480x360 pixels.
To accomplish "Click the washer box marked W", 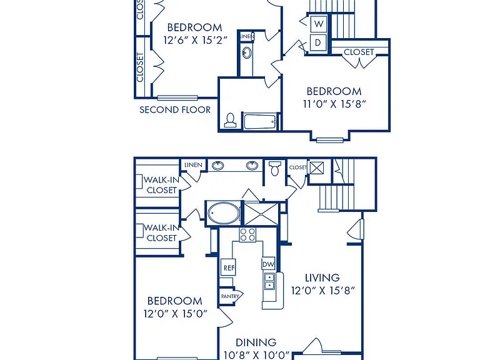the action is click(x=319, y=24).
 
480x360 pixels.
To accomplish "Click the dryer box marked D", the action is click(x=318, y=42).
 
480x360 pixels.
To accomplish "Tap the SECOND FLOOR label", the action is click(x=175, y=109).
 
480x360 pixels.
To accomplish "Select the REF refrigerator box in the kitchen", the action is click(x=229, y=267).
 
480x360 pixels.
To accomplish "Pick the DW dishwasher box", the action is click(x=269, y=264).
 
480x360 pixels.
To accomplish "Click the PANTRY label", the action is click(x=230, y=296).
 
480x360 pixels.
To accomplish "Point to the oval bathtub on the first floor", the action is click(x=224, y=213).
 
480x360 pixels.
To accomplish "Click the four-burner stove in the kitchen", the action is click(x=247, y=235).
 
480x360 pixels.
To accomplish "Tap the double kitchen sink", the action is click(x=269, y=281).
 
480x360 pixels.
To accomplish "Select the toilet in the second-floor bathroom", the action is click(x=230, y=120).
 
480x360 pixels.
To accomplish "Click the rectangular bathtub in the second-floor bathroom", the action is click(x=261, y=121).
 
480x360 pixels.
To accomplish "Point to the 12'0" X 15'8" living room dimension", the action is click(x=322, y=290).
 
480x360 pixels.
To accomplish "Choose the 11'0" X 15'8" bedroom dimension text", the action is click(x=334, y=104).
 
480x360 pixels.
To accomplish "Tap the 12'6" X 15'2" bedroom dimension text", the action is click(x=195, y=40).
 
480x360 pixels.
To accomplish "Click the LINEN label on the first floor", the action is click(x=193, y=165).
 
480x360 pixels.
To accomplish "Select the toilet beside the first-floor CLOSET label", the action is click(x=274, y=169).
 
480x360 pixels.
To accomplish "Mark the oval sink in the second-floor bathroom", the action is click(x=247, y=53).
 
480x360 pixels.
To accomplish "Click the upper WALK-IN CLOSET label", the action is click(x=161, y=185).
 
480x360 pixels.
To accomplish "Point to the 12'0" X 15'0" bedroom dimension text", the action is click(x=176, y=314).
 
